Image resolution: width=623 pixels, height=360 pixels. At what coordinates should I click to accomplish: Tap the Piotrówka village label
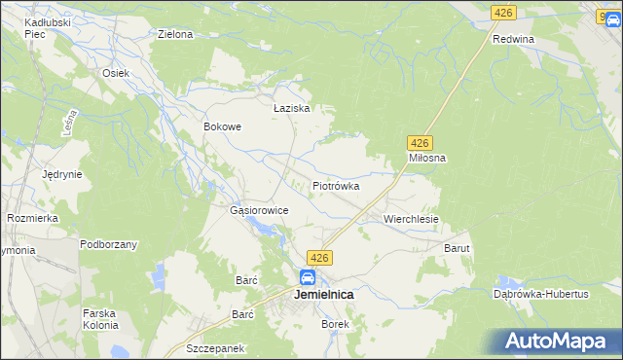tap(336, 185)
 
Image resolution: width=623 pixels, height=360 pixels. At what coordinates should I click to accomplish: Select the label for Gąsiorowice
tap(258, 210)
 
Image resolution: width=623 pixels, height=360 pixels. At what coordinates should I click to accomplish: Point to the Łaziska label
tap(291, 109)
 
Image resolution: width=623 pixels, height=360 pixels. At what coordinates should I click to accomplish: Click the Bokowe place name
tap(221, 126)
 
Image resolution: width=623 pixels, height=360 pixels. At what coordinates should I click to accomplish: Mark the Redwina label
tap(514, 39)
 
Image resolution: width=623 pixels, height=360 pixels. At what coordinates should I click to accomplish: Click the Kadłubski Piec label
tap(30, 28)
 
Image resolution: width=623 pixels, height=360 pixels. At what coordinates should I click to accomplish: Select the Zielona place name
tap(175, 34)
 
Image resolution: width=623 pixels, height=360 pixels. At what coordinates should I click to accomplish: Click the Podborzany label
tap(108, 244)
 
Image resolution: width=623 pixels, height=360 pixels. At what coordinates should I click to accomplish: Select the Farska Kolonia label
tap(100, 319)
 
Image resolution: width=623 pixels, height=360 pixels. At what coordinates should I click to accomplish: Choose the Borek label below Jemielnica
tap(335, 324)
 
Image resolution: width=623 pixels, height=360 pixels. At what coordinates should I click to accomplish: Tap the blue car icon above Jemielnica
tap(307, 277)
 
